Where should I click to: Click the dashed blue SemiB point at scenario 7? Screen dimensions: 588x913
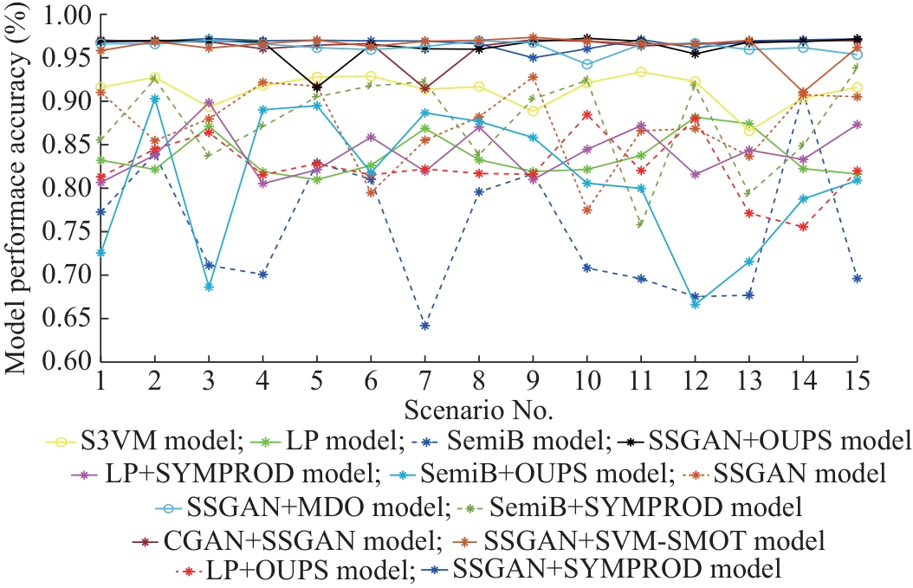(424, 326)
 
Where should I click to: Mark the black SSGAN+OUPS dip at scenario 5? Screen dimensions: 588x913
(317, 87)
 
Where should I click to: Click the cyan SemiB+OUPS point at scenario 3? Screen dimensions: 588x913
(209, 287)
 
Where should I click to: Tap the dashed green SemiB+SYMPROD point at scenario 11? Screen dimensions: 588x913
(640, 224)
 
